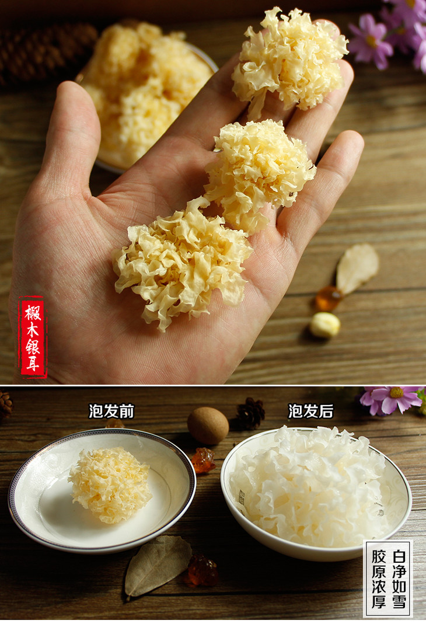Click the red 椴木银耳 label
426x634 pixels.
(x=33, y=337)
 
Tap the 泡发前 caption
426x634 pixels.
(x=111, y=411)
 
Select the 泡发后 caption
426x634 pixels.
(x=310, y=411)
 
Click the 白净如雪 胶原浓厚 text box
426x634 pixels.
(x=387, y=579)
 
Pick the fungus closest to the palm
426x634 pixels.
(x=182, y=263)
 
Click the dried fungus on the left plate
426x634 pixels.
(x=110, y=485)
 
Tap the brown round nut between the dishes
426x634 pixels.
(x=208, y=426)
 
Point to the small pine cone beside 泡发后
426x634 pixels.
(x=250, y=413)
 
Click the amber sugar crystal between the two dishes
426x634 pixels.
(x=203, y=459)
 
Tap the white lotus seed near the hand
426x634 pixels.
(x=325, y=325)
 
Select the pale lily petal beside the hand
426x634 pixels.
(x=357, y=267)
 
